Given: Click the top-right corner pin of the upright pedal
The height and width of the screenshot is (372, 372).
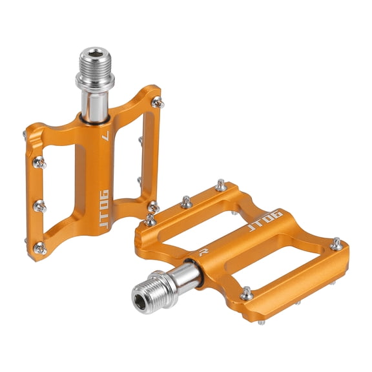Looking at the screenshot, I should tap(157, 101).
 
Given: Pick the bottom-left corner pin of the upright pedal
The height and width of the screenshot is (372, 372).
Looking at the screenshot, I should tap(39, 247).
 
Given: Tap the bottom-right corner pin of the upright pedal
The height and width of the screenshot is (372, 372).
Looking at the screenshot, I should tap(153, 207).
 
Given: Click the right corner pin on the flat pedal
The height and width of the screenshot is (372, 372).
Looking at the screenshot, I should tap(336, 244).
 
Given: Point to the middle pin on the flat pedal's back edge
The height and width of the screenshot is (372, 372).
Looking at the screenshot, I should tap(186, 202).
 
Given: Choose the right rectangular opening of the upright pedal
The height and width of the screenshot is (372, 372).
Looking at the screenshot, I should tap(146, 155).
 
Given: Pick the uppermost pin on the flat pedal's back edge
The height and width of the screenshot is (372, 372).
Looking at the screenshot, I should tap(221, 185).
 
